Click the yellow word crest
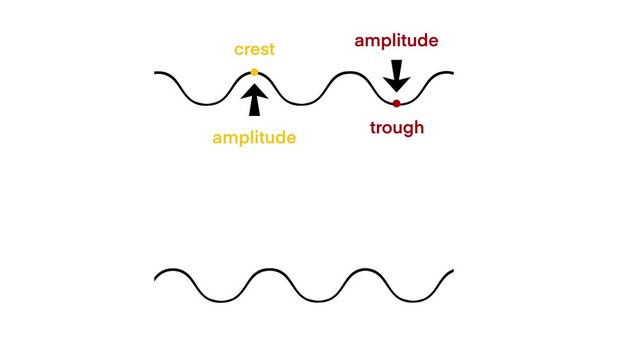pos(254,49)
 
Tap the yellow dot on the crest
pos(254,72)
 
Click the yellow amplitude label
pos(254,138)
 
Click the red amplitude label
pos(396,41)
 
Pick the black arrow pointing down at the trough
pos(396,75)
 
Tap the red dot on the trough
pos(396,103)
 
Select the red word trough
pos(396,127)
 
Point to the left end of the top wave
pos(156,74)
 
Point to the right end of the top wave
pos(453,74)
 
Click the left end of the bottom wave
pos(156,272)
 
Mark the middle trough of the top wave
pos(303,103)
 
